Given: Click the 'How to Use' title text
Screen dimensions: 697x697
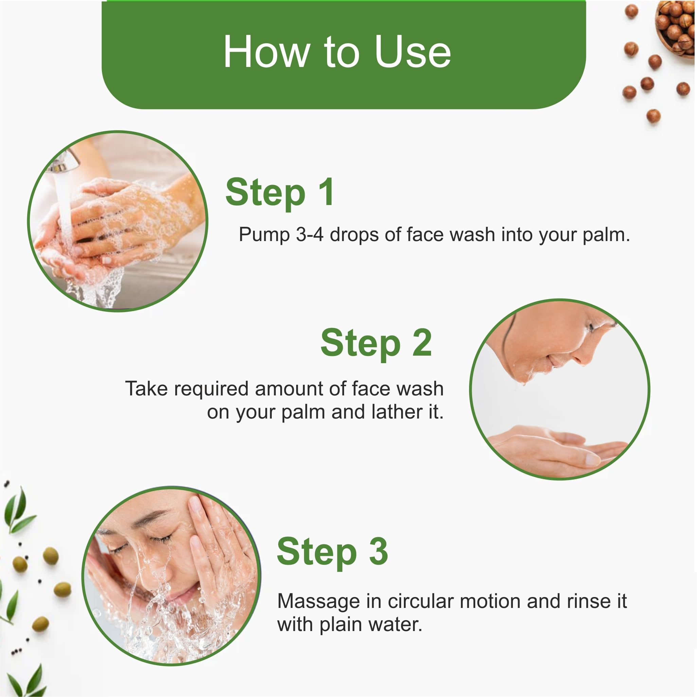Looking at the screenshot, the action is (x=337, y=51).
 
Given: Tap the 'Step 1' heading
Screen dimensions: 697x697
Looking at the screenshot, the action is (x=280, y=192).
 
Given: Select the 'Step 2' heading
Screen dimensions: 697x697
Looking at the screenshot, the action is (x=376, y=343).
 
